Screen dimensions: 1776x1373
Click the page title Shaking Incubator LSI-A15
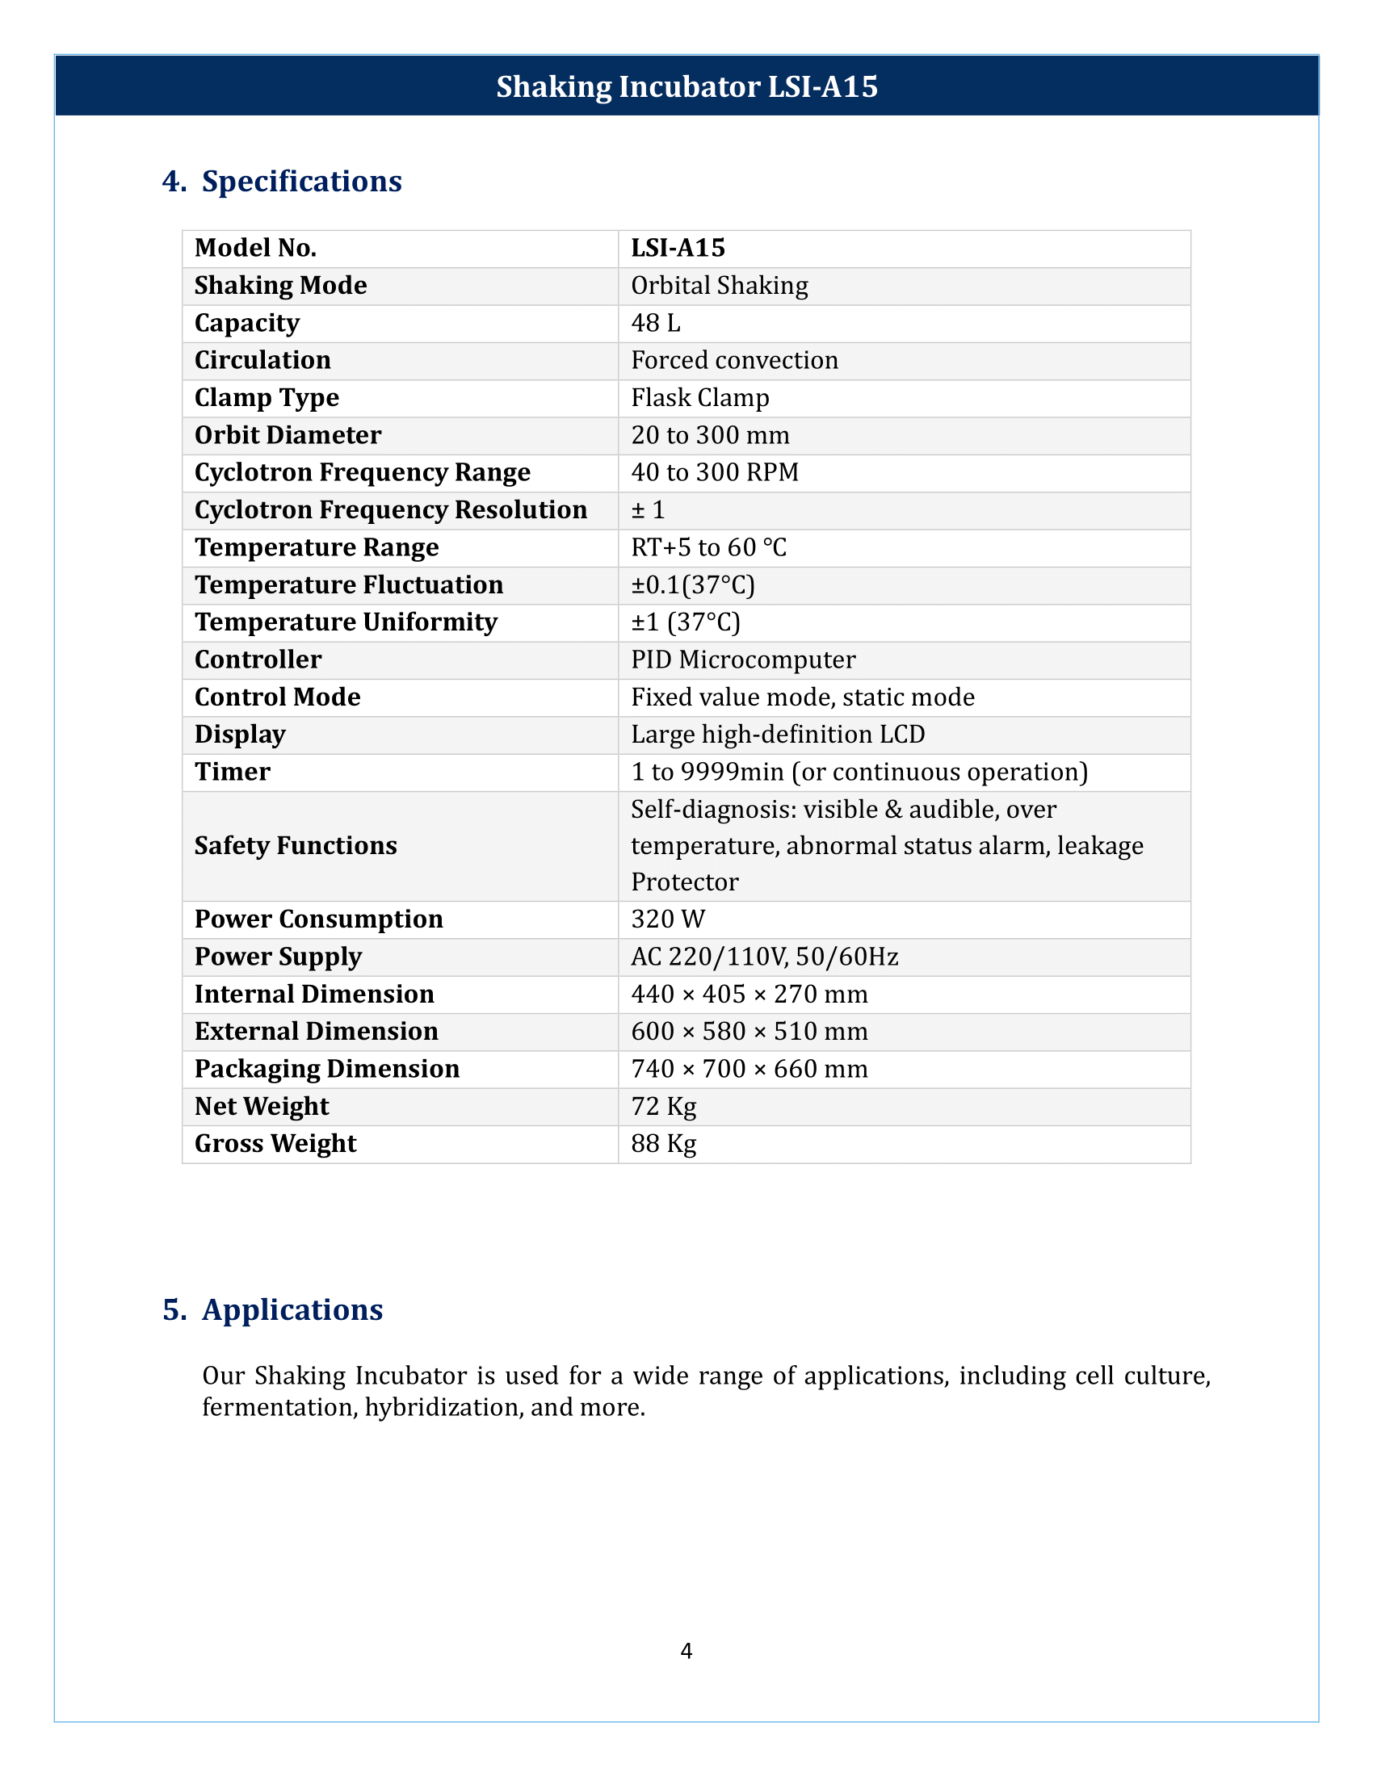tap(686, 86)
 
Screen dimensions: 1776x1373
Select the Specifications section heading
tap(301, 181)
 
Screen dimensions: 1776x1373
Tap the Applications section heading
tap(292, 1309)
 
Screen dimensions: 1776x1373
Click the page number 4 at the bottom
tap(686, 1650)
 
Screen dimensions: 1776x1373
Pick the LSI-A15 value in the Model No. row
tap(678, 248)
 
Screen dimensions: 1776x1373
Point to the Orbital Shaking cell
tap(719, 286)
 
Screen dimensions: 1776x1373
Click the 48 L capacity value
tap(656, 323)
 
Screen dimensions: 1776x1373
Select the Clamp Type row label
tap(267, 398)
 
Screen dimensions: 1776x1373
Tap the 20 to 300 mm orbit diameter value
tap(710, 435)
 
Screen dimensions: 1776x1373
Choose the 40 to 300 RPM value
tap(714, 472)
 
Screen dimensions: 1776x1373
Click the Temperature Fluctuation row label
tap(349, 584)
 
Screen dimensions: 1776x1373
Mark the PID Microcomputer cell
tap(742, 660)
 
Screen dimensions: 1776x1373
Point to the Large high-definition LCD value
tap(778, 735)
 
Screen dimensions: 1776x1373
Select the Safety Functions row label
tap(296, 846)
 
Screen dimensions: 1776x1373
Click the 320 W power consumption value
tap(668, 919)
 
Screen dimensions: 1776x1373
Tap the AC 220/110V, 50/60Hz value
tap(765, 957)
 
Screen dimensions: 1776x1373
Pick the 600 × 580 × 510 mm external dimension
tap(749, 1031)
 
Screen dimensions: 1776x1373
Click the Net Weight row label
tap(262, 1106)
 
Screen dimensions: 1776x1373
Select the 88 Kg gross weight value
tap(664, 1143)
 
